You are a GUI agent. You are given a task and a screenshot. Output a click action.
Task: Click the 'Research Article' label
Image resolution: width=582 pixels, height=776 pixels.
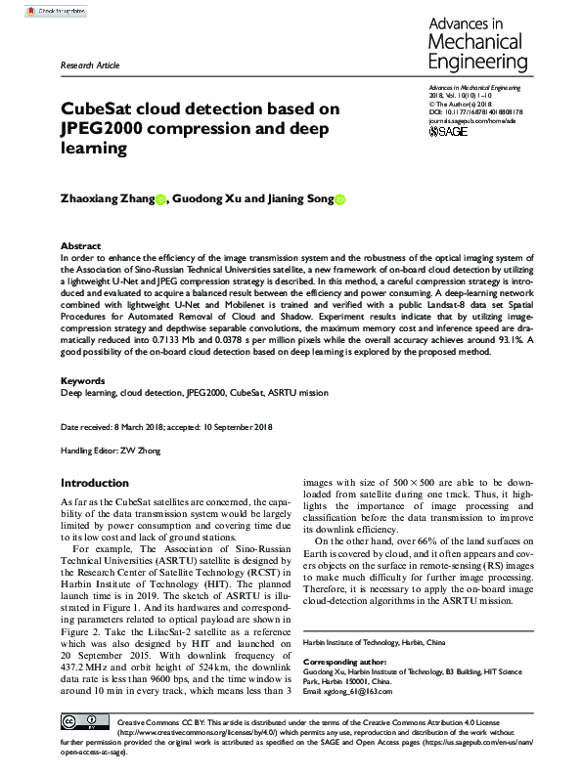tap(90, 65)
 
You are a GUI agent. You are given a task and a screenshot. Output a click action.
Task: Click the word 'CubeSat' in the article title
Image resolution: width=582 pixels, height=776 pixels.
tap(105, 109)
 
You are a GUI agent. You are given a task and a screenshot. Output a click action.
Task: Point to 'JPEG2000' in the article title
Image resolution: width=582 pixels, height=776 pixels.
tap(104, 129)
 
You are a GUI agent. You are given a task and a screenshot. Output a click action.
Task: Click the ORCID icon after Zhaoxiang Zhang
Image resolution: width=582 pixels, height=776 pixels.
tap(161, 200)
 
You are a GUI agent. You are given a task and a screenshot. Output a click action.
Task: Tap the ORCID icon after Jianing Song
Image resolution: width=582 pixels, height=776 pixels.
tap(340, 200)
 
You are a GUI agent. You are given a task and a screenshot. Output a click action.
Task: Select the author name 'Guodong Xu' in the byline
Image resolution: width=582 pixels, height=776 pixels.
tap(205, 199)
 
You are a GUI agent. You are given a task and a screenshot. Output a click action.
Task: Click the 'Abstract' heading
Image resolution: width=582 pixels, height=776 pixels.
tap(80, 246)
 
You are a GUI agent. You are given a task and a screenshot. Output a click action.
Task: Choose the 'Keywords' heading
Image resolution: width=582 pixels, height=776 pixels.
tap(83, 380)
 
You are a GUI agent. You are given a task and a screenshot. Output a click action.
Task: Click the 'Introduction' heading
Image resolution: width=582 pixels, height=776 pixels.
tap(94, 483)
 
